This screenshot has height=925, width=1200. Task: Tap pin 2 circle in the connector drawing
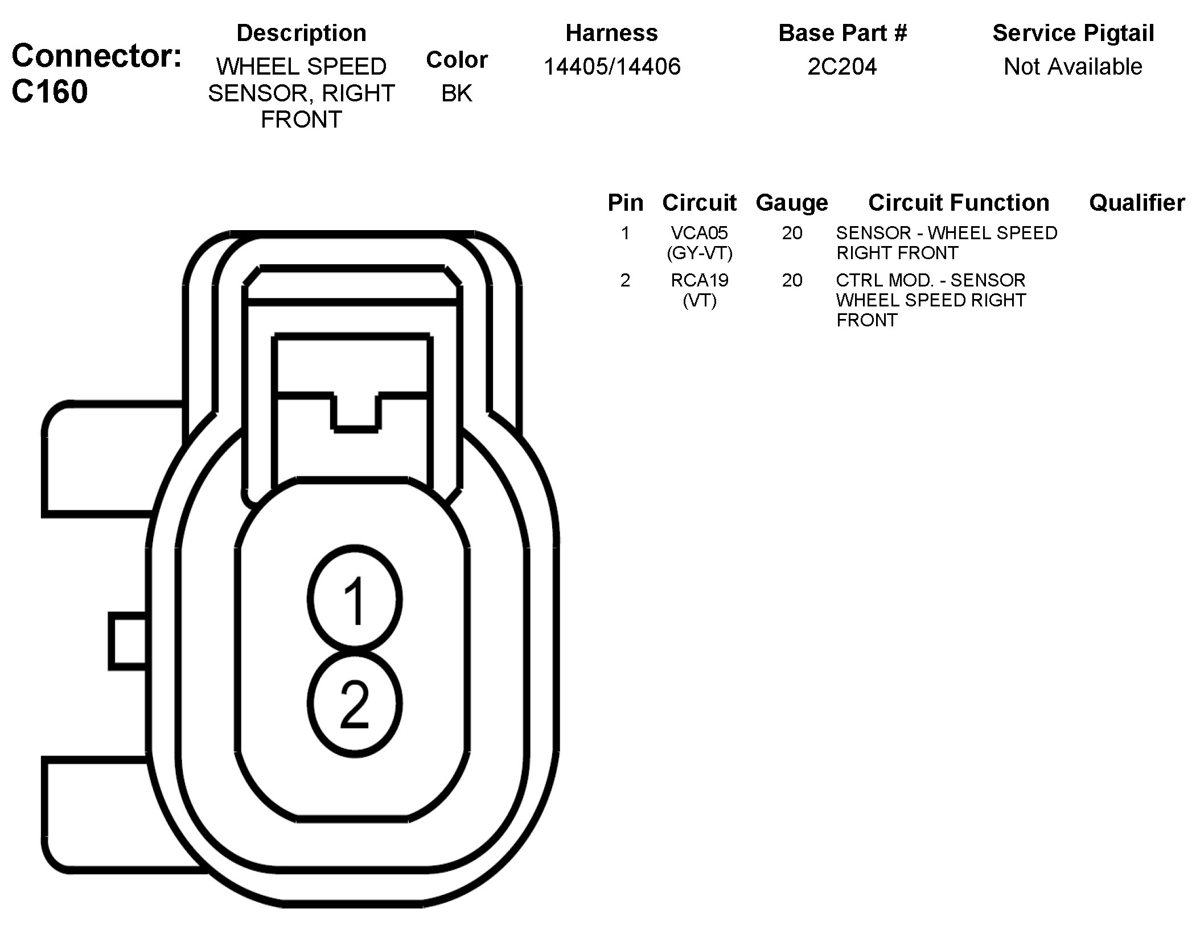(x=355, y=703)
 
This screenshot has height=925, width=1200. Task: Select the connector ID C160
(x=50, y=92)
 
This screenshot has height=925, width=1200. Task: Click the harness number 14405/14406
(x=612, y=67)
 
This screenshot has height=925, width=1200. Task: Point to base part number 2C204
(x=842, y=67)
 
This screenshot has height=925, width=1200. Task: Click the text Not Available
(x=1072, y=67)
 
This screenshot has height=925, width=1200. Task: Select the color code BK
(x=457, y=93)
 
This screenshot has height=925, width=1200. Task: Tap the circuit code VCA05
(x=699, y=233)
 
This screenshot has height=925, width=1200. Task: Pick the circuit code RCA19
(x=699, y=280)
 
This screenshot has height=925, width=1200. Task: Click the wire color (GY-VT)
(x=699, y=253)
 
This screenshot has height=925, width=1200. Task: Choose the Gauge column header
(x=791, y=203)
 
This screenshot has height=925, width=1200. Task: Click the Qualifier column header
(x=1136, y=203)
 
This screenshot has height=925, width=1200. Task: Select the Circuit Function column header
(x=959, y=203)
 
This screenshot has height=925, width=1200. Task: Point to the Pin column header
(x=625, y=203)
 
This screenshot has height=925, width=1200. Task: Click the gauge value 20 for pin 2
(x=792, y=280)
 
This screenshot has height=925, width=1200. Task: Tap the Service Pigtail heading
(x=1073, y=33)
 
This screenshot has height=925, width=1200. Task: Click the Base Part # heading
(x=842, y=33)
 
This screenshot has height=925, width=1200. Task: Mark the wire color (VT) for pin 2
(x=699, y=300)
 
